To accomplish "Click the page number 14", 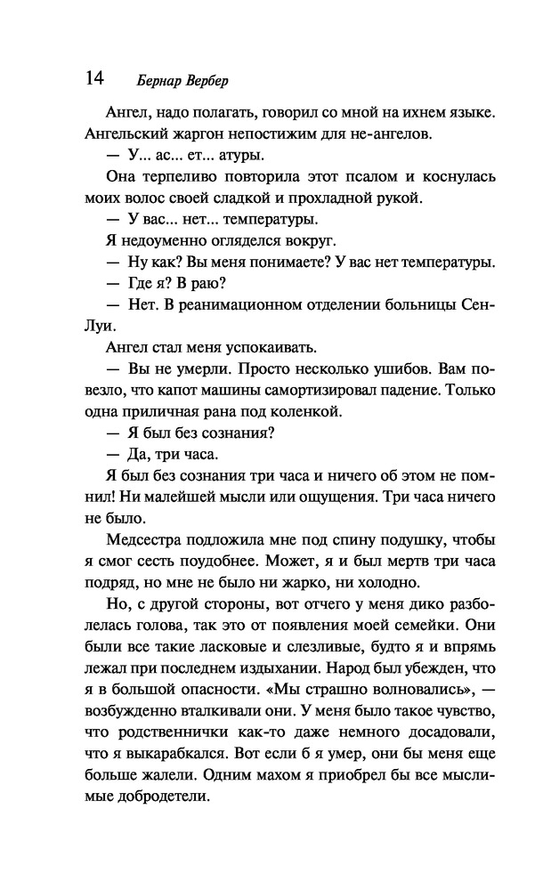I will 94,78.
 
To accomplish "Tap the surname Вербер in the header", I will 202,81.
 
